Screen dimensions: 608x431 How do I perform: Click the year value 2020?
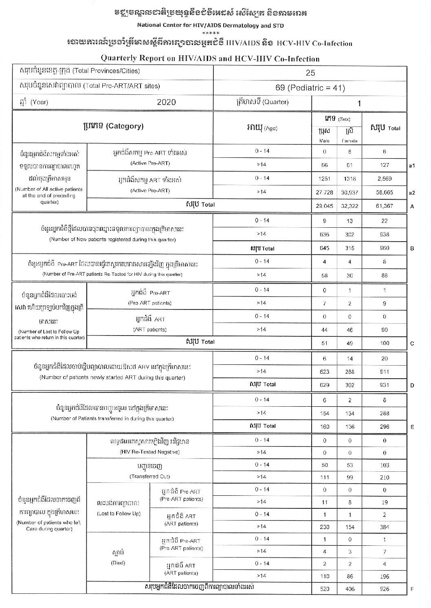[x=166, y=102]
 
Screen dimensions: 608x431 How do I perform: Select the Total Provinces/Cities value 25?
[x=310, y=73]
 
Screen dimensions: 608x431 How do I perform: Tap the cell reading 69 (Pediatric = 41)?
[x=310, y=88]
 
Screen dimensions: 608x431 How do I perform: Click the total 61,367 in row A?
[x=385, y=206]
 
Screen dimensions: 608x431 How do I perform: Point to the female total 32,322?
[x=350, y=206]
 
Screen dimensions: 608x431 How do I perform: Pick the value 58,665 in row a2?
[x=385, y=192]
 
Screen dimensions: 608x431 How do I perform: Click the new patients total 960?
[x=385, y=248]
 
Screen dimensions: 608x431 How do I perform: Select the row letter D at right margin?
[x=412, y=385]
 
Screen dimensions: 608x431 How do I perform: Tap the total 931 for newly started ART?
[x=385, y=385]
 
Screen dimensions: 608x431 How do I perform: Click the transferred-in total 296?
[x=385, y=427]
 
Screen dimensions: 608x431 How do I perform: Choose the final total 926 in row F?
[x=385, y=589]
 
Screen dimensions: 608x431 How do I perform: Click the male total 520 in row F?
[x=325, y=589]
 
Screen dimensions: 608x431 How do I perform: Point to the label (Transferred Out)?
[x=150, y=476]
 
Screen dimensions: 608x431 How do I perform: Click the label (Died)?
[x=118, y=563]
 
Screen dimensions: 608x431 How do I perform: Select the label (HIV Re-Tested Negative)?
[x=150, y=452]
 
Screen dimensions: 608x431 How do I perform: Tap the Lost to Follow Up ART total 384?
[x=385, y=527]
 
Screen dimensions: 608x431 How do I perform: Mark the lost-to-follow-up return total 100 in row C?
[x=385, y=343]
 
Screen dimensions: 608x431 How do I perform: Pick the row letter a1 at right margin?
[x=412, y=166]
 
